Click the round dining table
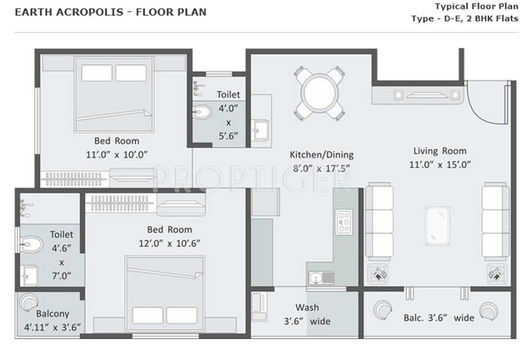319,93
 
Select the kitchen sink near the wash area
320,278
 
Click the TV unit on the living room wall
428,96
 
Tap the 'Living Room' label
439,151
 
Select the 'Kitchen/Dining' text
321,155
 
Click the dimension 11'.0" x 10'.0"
117,155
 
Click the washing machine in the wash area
259,307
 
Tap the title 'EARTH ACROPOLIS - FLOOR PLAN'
110,12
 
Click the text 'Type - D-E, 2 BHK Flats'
464,19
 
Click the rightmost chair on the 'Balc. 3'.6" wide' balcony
489,310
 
